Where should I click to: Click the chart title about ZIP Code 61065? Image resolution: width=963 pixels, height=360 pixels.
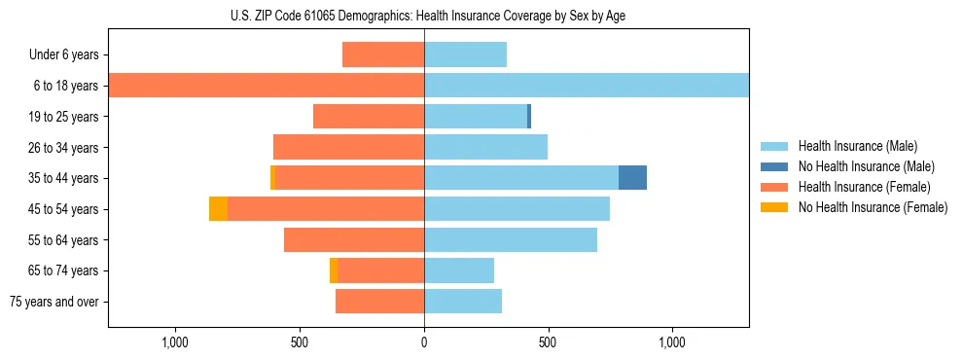[428, 16]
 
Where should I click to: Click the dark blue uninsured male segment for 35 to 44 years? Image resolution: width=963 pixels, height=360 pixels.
[632, 178]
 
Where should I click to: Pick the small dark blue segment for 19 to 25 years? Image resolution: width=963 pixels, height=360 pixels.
[529, 117]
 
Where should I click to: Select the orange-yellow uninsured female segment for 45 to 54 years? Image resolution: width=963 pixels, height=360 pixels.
[218, 209]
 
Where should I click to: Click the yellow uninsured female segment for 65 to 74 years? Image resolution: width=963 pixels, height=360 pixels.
[334, 270]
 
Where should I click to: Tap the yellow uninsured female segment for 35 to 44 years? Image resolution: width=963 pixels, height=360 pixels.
[273, 178]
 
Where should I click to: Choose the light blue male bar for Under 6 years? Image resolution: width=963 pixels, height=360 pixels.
[465, 54]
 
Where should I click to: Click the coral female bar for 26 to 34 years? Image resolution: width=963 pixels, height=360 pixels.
[348, 147]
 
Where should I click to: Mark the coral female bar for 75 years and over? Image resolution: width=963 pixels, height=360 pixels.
[379, 302]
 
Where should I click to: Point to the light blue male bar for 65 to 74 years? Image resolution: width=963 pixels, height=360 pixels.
[459, 270]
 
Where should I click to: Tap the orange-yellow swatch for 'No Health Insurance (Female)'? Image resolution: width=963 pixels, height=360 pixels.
[774, 207]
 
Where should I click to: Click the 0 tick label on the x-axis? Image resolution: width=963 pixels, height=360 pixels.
[424, 342]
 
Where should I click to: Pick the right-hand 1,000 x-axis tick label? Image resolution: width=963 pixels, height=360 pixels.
[672, 342]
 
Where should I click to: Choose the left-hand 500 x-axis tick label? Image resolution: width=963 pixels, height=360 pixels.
[300, 342]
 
